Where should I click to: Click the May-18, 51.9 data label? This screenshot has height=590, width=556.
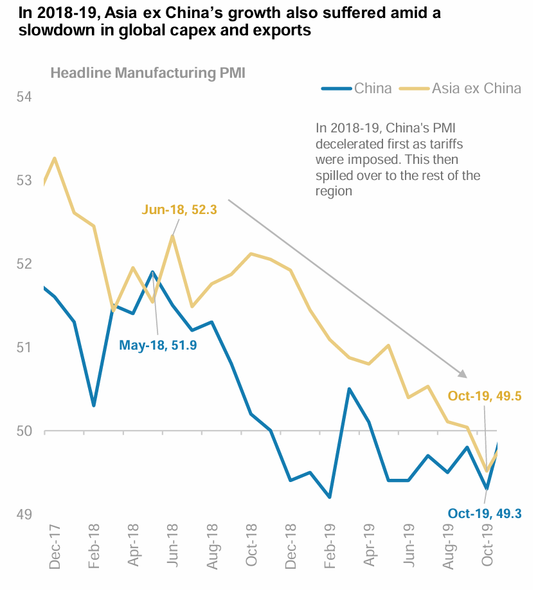[158, 345]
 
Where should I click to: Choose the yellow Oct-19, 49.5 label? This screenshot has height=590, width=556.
[485, 396]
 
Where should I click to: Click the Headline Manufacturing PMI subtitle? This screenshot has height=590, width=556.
[148, 73]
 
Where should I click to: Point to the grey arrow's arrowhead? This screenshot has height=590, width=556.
[463, 373]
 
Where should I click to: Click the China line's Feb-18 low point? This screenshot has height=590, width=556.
[94, 406]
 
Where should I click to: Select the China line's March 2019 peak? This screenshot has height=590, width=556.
[348, 389]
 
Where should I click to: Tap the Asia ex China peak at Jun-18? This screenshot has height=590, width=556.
[172, 237]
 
